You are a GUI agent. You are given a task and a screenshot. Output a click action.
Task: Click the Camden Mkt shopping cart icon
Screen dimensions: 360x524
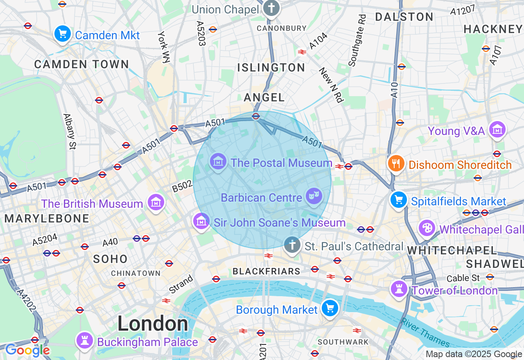[x=63, y=34]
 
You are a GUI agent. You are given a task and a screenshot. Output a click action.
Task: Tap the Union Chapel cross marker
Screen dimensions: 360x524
[x=271, y=8]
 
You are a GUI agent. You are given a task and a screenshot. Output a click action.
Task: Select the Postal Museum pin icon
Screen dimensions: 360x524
[x=218, y=162]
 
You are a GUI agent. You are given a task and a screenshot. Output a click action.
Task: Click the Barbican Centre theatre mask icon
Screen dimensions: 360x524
[x=314, y=196]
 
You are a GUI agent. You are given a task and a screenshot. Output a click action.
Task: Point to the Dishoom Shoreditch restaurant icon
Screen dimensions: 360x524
[x=396, y=164]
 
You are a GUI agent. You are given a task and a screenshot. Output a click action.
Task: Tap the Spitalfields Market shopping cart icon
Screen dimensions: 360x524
[x=398, y=200]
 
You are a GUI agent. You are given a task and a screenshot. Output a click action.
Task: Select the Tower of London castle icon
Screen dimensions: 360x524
[x=399, y=289]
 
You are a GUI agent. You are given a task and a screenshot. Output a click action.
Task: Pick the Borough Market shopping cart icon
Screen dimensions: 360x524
[x=330, y=308]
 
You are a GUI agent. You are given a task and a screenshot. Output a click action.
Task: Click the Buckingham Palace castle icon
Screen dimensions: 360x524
[x=85, y=340]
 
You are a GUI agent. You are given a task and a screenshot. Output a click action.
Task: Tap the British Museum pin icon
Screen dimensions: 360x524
[x=156, y=202]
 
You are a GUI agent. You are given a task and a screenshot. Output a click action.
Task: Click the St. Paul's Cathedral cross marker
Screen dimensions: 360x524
[x=292, y=245]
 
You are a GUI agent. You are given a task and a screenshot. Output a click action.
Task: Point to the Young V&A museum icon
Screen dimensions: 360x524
[x=497, y=130]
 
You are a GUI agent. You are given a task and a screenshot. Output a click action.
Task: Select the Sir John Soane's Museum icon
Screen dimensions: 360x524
[x=201, y=221]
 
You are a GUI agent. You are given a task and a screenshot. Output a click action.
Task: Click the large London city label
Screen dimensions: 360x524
[x=152, y=324]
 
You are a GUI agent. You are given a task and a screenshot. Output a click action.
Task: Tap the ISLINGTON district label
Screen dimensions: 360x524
[x=271, y=67]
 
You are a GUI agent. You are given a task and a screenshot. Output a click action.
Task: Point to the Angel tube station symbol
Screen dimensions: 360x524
[x=256, y=116]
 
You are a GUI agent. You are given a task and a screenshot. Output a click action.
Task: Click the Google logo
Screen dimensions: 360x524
[x=27, y=350]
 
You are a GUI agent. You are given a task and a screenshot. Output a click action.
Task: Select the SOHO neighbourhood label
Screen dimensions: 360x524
[x=110, y=259]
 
